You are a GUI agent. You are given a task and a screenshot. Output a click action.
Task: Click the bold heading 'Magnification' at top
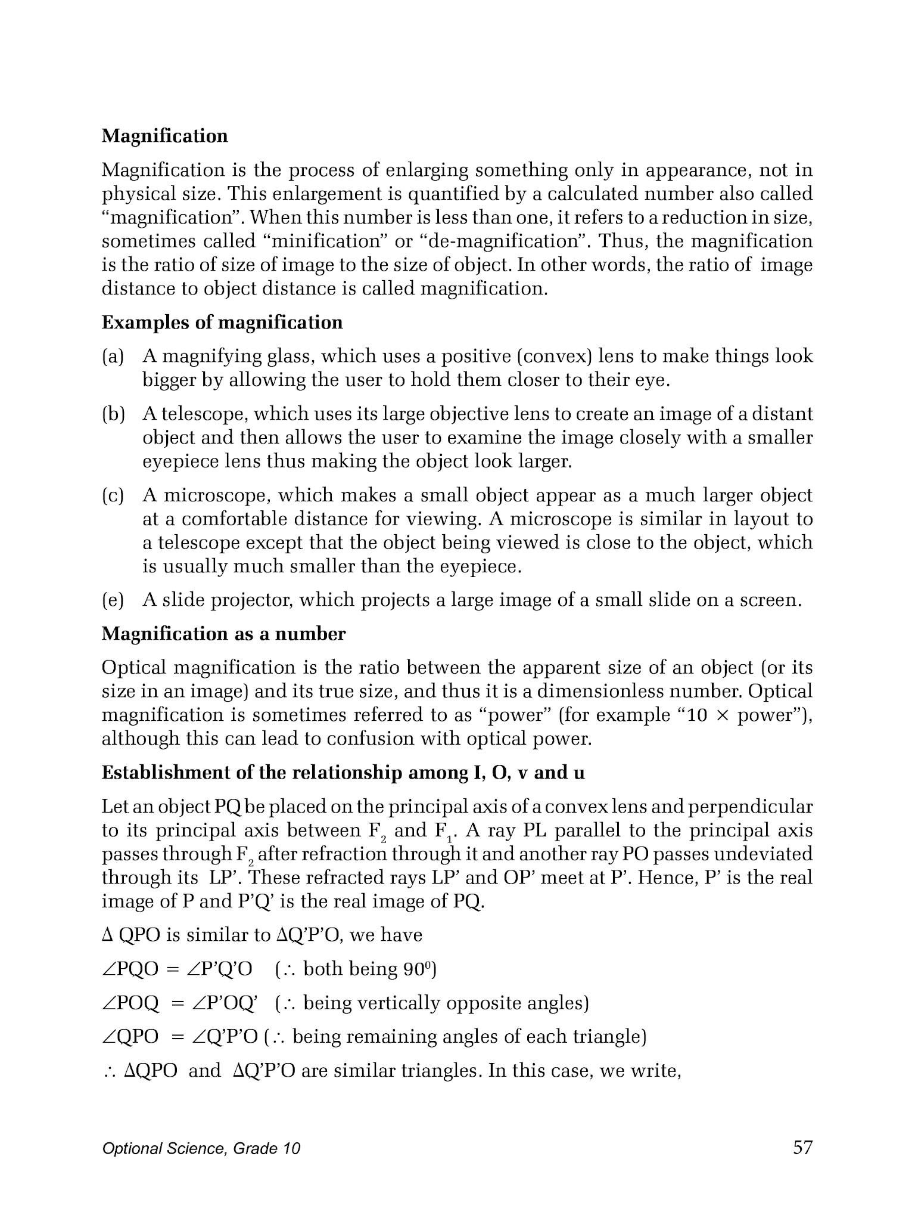pos(164,136)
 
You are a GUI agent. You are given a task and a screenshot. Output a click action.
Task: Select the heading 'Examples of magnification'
pos(222,323)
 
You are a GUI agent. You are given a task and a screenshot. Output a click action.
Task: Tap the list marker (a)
pos(113,357)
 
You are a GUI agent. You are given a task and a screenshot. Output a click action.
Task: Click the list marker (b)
pos(113,414)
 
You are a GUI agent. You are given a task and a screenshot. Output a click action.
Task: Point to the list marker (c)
pos(113,496)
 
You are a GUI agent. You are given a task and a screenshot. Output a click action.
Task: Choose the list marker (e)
pos(113,600)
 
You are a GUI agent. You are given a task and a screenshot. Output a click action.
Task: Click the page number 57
pos(802,1148)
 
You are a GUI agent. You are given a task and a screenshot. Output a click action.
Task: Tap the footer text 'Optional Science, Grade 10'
pos(201,1149)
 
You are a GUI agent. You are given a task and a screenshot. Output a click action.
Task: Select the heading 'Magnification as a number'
pos(223,634)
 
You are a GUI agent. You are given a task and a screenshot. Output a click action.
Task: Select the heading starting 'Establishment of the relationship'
pos(343,773)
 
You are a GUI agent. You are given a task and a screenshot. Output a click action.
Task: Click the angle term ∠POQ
pos(131,1004)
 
